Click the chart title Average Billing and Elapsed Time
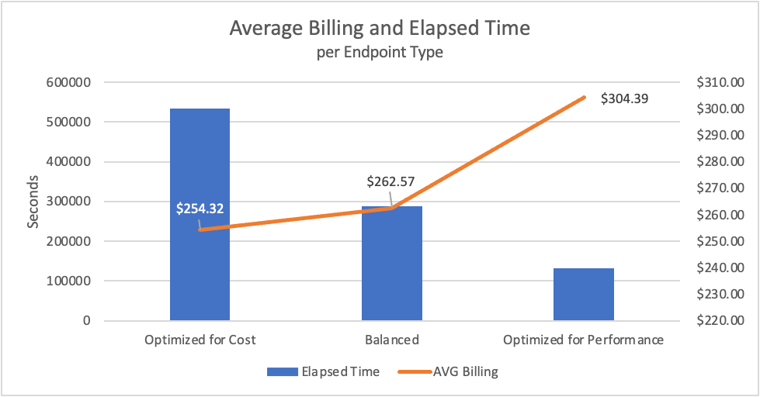coord(380,29)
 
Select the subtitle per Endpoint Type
coord(380,54)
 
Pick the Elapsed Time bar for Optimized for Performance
coord(584,294)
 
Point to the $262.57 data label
coord(390,182)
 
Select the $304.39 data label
coord(625,98)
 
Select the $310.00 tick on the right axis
coord(721,82)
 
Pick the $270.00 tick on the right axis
coord(721,188)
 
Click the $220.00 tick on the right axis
coord(721,320)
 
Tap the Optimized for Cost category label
coord(200,340)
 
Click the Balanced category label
coord(392,340)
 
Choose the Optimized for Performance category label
coord(584,340)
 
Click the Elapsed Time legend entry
coord(323,371)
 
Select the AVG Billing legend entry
coord(449,371)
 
